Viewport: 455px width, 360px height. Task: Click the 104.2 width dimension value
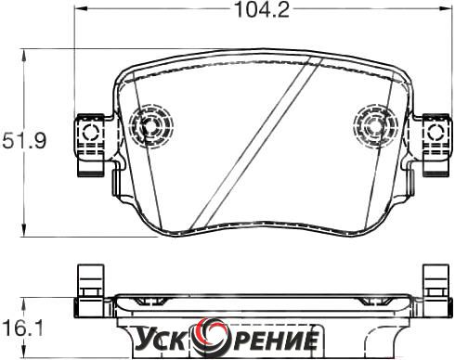[262, 9]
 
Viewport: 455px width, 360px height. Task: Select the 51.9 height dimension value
[24, 141]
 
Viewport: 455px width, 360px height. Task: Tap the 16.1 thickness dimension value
[21, 328]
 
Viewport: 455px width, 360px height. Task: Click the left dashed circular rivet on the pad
[150, 125]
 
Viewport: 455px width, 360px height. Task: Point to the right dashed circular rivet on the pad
[375, 125]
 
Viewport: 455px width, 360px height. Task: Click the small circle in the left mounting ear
[90, 132]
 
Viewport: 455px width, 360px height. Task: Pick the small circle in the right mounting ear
[435, 132]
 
